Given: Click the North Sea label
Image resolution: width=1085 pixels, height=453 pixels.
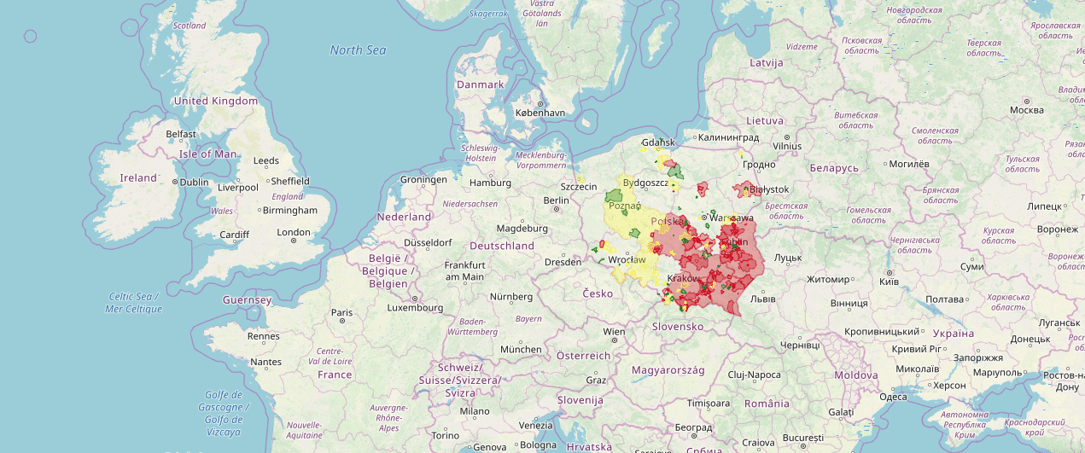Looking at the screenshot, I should [358, 50].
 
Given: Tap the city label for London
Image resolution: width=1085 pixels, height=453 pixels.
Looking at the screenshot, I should [294, 232].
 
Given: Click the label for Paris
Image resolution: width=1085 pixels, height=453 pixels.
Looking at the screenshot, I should [341, 313].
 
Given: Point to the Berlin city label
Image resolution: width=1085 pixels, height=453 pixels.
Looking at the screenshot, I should [556, 200].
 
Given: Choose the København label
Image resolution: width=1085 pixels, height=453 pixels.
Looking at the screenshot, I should [540, 113].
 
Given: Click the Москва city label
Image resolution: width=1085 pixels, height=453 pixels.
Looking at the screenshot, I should [1026, 110].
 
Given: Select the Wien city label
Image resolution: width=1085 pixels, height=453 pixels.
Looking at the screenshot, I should [614, 332].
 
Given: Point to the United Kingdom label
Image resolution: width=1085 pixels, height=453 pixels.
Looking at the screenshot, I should [215, 101].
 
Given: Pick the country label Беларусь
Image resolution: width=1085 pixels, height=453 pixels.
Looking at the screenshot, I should [834, 168].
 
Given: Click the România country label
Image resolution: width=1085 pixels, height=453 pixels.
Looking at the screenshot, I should [767, 403].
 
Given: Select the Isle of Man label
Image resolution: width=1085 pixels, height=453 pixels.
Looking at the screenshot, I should [207, 154].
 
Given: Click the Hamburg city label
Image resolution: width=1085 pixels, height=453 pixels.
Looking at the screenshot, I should [489, 182].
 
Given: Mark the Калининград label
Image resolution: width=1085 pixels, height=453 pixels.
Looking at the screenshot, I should [728, 137].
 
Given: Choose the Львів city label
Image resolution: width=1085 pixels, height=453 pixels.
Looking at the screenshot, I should [762, 299].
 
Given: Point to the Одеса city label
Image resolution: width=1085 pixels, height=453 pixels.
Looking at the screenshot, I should [893, 397].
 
